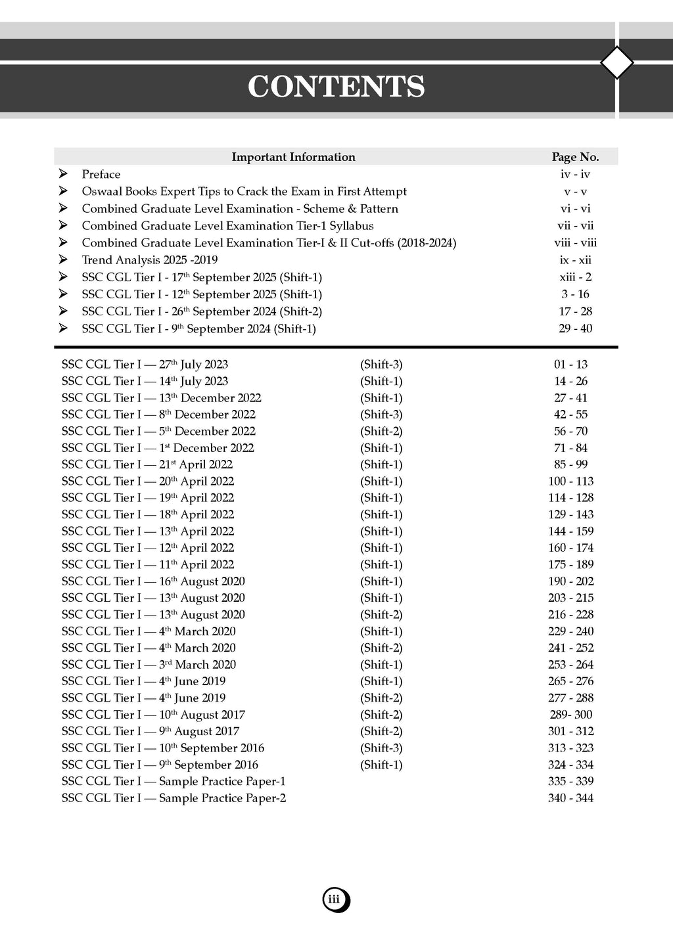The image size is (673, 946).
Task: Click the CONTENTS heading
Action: coord(336,87)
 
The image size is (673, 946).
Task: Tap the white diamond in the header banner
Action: coord(617,63)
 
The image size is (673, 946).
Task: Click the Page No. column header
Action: coord(575,157)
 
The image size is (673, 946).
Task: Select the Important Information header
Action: coord(293,157)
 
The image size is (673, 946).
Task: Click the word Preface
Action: coord(101,174)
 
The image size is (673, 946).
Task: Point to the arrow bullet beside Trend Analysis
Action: coord(63,259)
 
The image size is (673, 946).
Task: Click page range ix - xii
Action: coord(575,260)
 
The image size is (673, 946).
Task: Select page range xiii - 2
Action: coord(575,277)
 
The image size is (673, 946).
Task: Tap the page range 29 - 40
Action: coord(575,328)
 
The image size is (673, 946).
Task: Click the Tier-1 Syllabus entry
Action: coord(227,225)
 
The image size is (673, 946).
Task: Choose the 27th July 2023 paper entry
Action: coord(145,365)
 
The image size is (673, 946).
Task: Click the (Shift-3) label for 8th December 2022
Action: coord(381,415)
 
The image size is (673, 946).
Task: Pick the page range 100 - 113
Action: coord(570,482)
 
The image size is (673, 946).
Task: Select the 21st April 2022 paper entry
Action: coord(148,464)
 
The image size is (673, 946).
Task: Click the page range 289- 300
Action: coord(570,715)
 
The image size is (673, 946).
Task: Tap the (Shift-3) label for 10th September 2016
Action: coord(381,748)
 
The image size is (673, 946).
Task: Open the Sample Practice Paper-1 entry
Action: coord(174,782)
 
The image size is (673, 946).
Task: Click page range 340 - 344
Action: coord(570,798)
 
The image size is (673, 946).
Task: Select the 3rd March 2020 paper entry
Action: coord(149,665)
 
